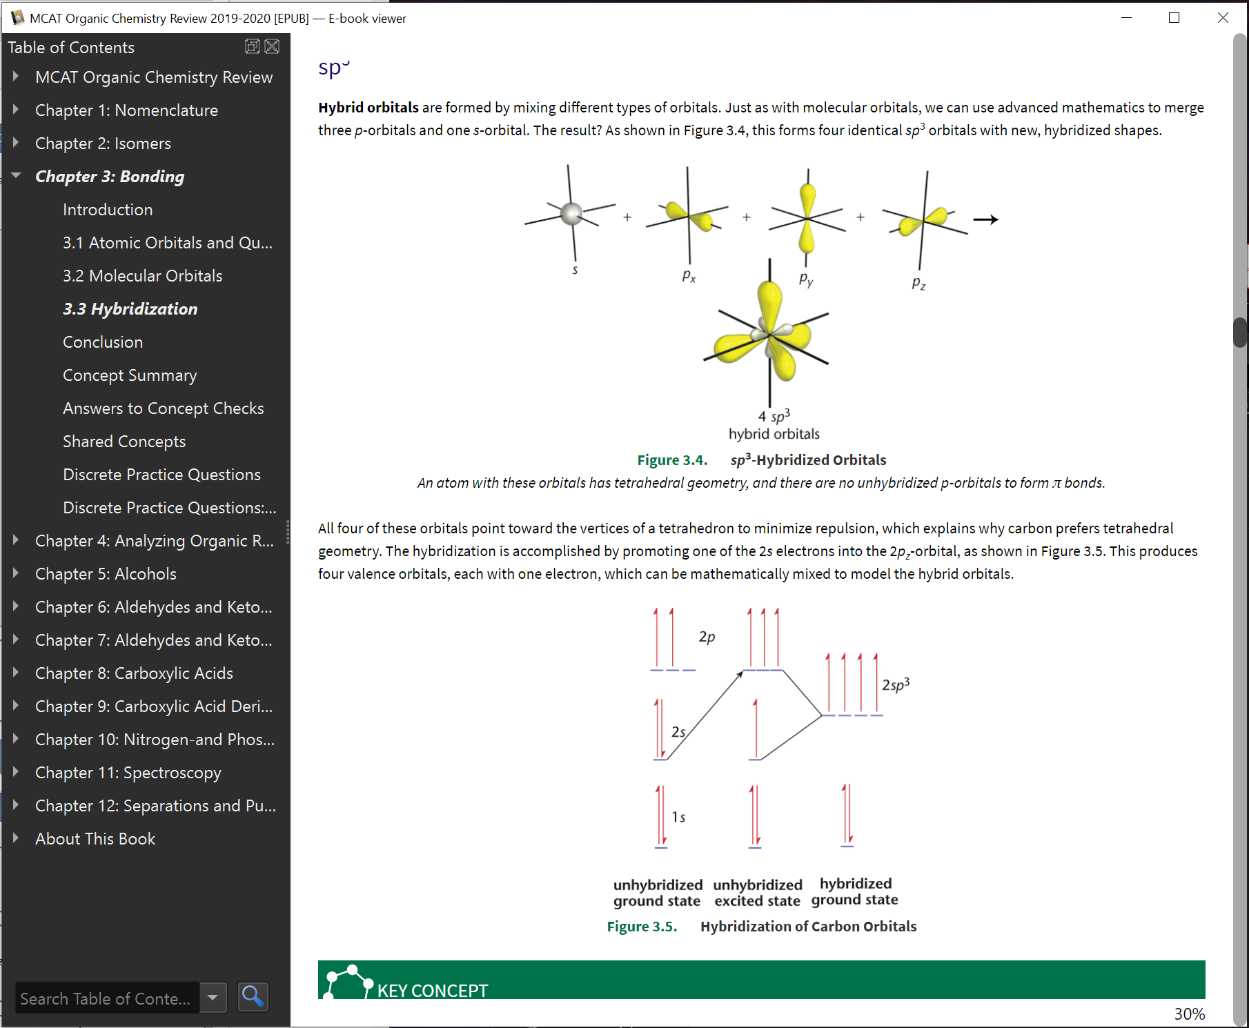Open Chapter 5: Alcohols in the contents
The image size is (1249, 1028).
tap(106, 574)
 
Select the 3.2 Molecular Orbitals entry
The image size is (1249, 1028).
tap(142, 276)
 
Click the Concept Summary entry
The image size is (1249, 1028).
tap(130, 375)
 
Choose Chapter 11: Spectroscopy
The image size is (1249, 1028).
tap(128, 773)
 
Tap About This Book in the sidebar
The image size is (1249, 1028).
tap(95, 839)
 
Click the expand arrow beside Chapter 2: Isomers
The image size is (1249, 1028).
tap(16, 143)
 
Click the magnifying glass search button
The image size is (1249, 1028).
tap(253, 997)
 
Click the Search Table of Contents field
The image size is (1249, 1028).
tap(107, 998)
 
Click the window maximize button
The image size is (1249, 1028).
tap(1174, 18)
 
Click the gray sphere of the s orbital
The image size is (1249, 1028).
tap(571, 214)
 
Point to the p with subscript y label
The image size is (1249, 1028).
tap(806, 279)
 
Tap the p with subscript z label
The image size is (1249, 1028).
tap(918, 283)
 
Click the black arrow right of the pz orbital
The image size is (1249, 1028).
tap(985, 219)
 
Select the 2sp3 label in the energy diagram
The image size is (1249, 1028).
tap(896, 684)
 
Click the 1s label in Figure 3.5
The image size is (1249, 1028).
tap(678, 817)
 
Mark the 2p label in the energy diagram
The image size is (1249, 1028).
tap(707, 636)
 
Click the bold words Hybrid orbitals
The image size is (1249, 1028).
tap(368, 108)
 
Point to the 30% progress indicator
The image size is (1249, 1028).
tap(1189, 1014)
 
